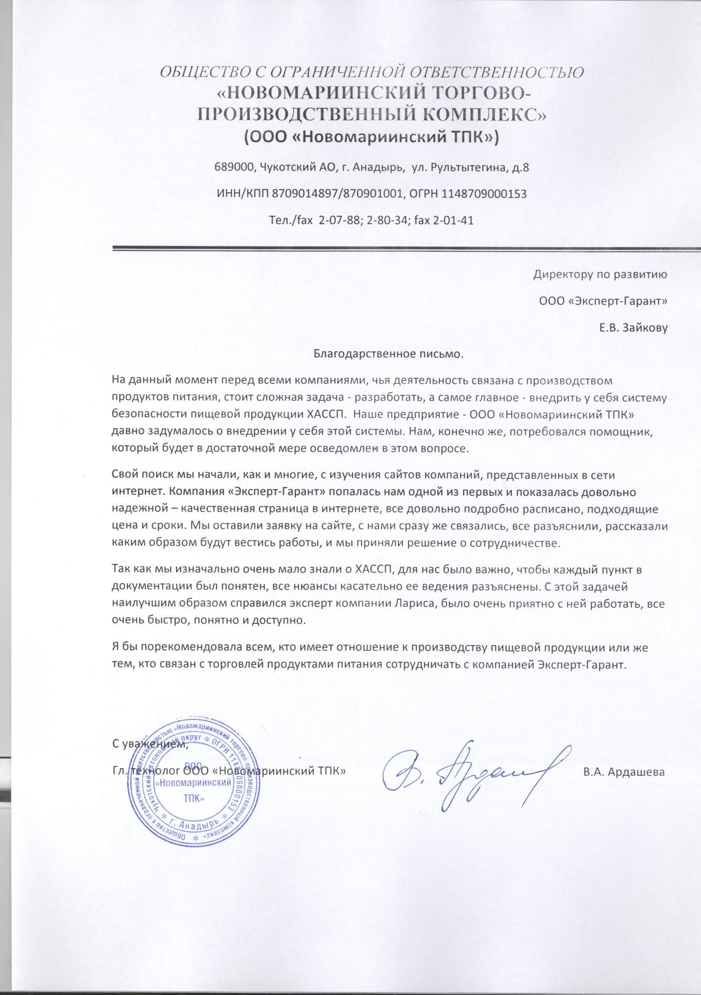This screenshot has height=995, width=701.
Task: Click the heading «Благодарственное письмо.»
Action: pos(388,354)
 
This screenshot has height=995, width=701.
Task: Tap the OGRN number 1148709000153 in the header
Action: pos(483,194)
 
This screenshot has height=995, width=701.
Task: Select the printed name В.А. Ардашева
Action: pos(623,772)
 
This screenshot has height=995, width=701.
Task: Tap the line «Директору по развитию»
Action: pos(600,274)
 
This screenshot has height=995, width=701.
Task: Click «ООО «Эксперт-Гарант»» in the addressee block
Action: pos(603,301)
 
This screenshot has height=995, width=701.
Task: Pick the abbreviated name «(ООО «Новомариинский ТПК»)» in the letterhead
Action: pos(371,137)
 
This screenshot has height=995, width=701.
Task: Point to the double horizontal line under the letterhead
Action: pos(406,248)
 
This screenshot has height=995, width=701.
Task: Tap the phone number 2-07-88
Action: pos(339,220)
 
